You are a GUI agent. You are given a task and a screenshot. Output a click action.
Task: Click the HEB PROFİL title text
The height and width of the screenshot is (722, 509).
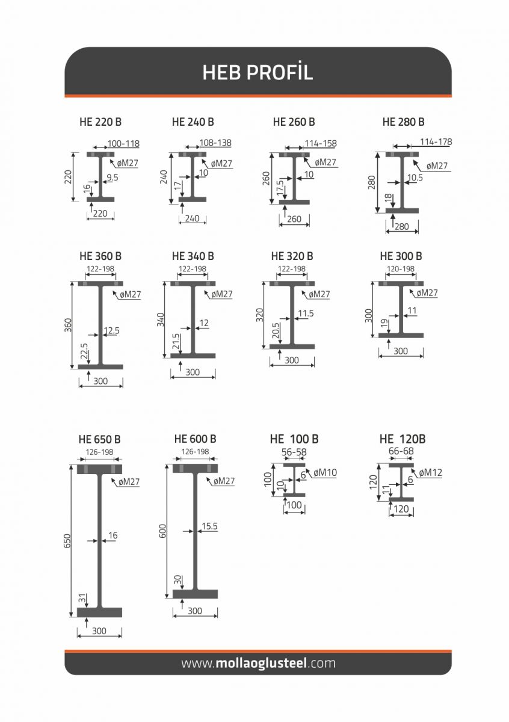tap(258, 72)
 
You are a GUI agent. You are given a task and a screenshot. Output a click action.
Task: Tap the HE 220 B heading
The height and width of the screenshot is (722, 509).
tap(100, 122)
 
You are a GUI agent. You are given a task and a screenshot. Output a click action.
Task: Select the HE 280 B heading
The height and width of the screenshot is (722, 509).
tap(403, 122)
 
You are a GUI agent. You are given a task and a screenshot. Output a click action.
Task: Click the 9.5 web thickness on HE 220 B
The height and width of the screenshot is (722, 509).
tap(113, 177)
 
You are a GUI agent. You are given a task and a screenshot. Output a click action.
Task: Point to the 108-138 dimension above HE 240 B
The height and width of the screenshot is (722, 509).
tap(215, 143)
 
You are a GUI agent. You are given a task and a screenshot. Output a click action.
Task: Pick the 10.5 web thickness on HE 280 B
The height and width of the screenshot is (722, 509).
tap(415, 177)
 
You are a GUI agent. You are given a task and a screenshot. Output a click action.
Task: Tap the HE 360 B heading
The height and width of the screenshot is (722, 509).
tap(100, 256)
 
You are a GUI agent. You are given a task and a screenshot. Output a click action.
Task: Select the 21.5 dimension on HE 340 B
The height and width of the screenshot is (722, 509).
tap(176, 342)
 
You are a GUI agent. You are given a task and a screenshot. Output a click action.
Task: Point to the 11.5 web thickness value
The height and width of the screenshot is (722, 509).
tap(306, 313)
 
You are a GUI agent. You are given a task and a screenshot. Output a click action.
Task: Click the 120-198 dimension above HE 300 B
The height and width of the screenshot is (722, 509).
tap(400, 268)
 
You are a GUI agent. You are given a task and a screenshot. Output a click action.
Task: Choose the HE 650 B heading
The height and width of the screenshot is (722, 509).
tap(100, 439)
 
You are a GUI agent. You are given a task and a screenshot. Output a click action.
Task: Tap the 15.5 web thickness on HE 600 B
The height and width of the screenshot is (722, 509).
tap(209, 526)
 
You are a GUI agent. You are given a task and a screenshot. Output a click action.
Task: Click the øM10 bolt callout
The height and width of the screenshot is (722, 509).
tap(325, 472)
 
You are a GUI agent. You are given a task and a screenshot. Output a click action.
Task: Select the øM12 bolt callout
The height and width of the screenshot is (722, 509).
tap(430, 473)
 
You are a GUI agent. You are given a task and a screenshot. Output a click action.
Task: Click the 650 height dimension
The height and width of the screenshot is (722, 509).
tap(67, 541)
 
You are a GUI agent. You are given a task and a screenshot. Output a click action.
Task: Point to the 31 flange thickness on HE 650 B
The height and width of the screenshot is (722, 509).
tap(82, 599)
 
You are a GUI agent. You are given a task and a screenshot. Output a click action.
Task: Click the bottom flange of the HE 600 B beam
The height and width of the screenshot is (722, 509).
tap(195, 594)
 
